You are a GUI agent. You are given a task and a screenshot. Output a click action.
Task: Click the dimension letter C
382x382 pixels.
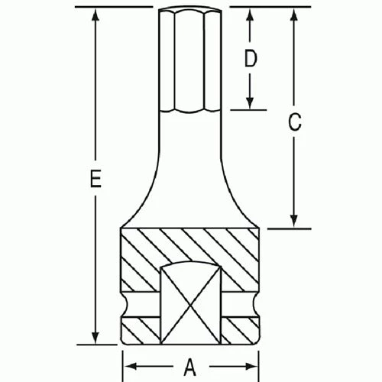point(294,120)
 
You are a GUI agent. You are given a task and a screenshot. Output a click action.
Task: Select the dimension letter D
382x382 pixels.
point(249,59)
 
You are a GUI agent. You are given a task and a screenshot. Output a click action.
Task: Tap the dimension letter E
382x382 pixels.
point(94,180)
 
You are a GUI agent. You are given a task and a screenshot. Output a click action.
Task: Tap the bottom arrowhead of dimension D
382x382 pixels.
point(249,105)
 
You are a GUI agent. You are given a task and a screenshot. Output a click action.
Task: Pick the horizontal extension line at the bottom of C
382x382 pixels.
point(286,227)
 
